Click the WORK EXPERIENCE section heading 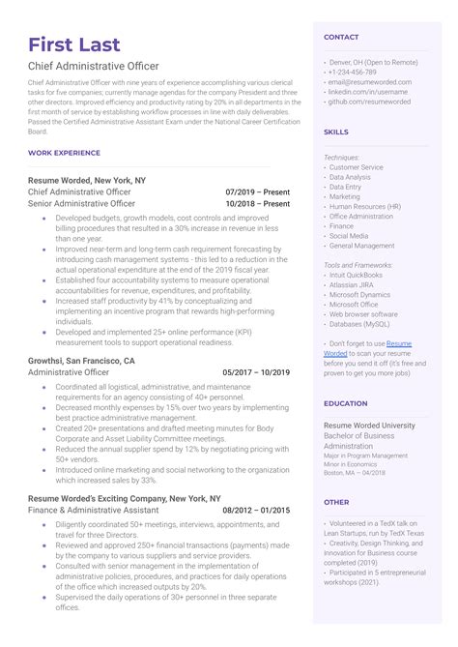pos(64,153)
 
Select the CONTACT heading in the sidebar pos(341,37)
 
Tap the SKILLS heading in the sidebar pos(336,131)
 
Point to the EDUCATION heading pos(345,403)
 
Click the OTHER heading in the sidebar pos(336,502)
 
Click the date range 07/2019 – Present pos(257,191)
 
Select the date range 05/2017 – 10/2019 pos(256,372)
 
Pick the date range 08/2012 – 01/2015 pos(256,510)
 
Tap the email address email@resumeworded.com pos(371,82)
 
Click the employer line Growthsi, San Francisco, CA pos(81,361)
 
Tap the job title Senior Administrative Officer pos(82,204)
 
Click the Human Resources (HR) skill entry pos(364,206)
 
